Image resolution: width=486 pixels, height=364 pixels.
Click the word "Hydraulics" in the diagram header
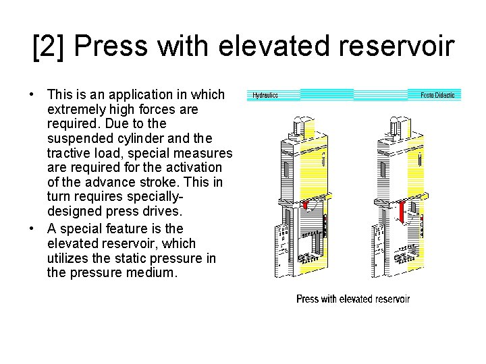pos(265,96)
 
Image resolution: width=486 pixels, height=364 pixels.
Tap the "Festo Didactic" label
pos(437,96)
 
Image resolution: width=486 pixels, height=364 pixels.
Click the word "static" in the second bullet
pos(122,258)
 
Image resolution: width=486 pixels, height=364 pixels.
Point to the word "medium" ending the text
pos(155,272)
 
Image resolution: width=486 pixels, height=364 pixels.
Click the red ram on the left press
pos(304,204)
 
